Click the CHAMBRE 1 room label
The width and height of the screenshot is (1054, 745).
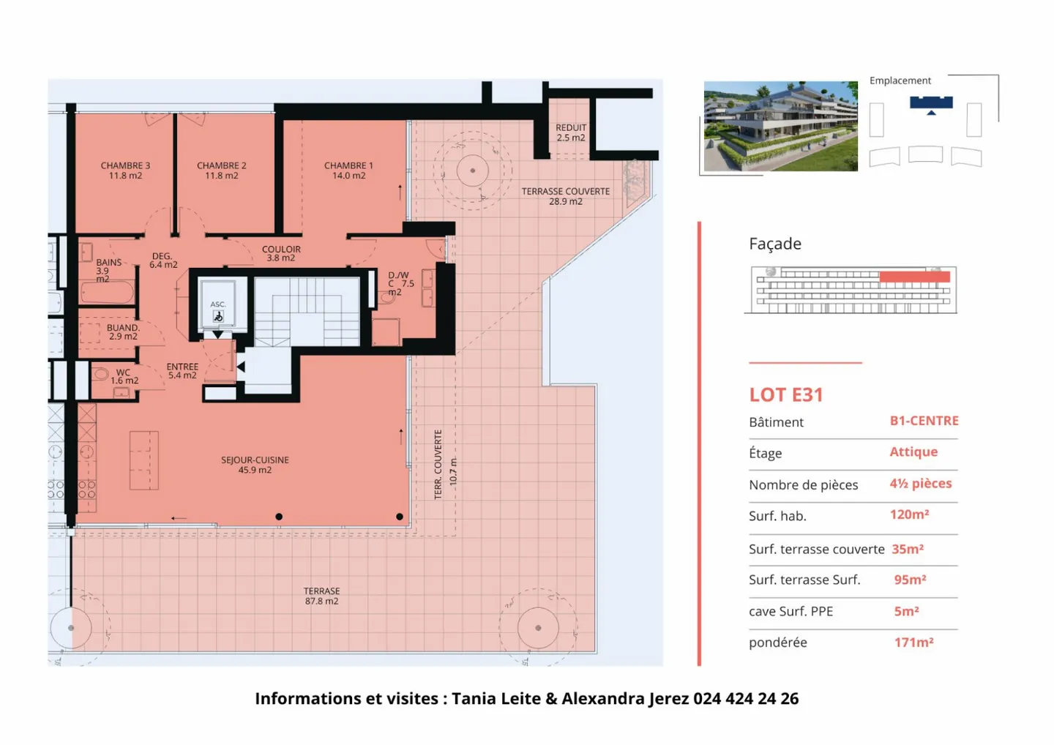click(348, 171)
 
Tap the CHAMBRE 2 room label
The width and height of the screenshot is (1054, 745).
click(221, 171)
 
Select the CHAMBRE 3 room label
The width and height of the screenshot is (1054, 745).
click(125, 171)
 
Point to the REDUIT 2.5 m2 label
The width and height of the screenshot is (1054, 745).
click(570, 132)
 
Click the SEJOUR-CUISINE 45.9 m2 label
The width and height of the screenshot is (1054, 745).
click(255, 465)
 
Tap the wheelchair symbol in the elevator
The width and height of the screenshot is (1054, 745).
click(218, 317)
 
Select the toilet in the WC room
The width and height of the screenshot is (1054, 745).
click(100, 374)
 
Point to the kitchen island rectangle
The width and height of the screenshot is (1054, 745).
click(144, 460)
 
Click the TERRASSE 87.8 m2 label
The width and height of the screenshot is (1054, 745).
click(321, 596)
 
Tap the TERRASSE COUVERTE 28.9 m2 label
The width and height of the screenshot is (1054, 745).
click(565, 196)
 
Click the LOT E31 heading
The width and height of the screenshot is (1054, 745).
click(786, 395)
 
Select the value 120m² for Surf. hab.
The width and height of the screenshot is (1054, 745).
click(909, 514)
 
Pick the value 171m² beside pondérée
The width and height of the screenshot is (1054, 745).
click(913, 643)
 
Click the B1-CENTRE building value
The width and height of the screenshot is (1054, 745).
click(924, 421)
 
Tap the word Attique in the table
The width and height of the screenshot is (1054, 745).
click(913, 452)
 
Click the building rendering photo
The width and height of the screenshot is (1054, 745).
click(780, 126)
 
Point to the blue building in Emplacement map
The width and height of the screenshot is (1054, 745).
click(931, 102)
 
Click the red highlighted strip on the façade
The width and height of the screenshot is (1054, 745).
click(914, 277)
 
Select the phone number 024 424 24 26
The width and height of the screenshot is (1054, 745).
click(746, 698)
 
